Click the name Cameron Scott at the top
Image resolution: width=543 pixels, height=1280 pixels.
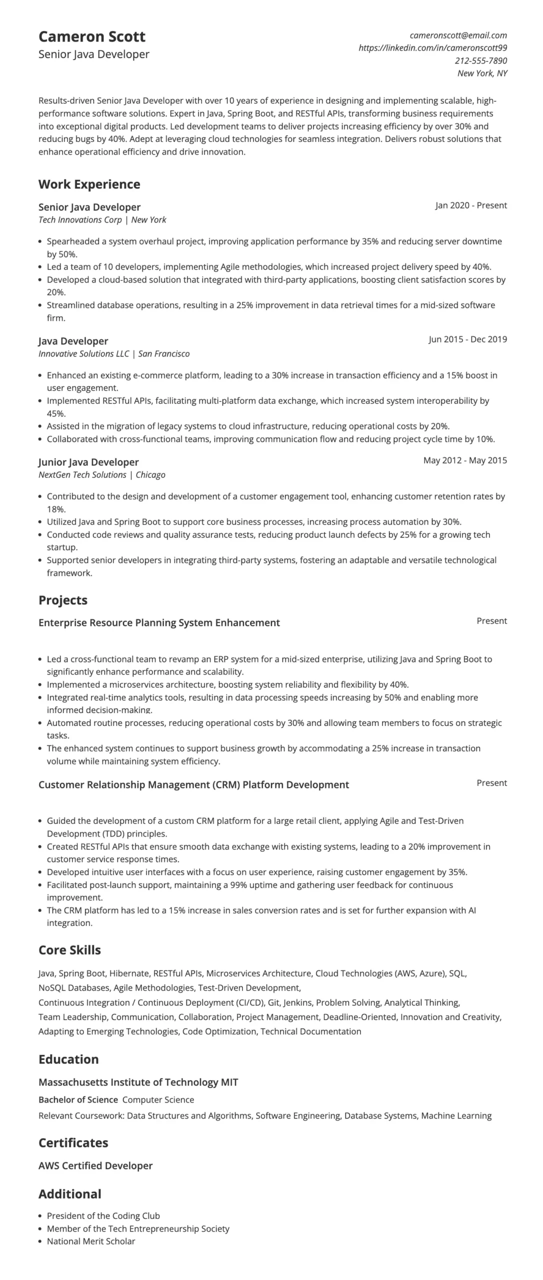pos(91,36)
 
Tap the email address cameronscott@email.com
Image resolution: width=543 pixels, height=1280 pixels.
pos(458,35)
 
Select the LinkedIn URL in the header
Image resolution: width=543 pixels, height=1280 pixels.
pos(432,48)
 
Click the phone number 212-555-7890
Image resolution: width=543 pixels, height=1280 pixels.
pos(480,60)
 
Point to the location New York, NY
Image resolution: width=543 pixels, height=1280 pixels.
pos(482,73)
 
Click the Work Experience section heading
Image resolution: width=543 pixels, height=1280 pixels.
pos(89,184)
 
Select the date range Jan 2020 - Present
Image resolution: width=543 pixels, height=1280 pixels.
pos(470,205)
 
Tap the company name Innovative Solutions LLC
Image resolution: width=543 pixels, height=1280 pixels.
pos(83,354)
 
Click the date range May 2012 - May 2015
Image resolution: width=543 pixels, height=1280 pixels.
pos(464,460)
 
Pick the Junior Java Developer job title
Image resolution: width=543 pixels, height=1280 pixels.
pos(88,462)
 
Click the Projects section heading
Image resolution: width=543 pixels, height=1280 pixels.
pos(62,600)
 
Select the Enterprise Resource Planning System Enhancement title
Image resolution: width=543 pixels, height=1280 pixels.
pos(159,623)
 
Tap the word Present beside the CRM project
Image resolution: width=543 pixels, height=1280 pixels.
pos(491,783)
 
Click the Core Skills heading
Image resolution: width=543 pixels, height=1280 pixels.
pos(69,950)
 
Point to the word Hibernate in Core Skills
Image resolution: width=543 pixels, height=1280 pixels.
pos(129,973)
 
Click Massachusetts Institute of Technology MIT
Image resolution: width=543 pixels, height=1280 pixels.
pos(138,1082)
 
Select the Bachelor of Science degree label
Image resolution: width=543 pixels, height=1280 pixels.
pos(78,1100)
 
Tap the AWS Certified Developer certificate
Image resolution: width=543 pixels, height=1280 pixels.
pos(95,1166)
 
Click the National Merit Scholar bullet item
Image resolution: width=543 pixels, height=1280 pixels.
pos(91,1241)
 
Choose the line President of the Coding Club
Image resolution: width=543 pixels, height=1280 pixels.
pos(103,1216)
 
